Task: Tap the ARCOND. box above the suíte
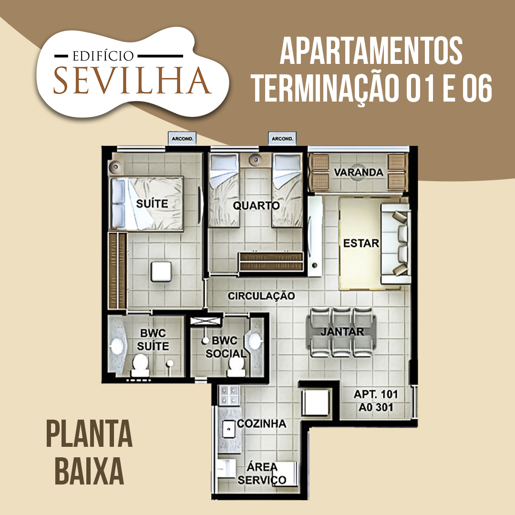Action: [182, 139]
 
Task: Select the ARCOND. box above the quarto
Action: [282, 139]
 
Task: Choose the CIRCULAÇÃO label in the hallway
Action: [261, 296]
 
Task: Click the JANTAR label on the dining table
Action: [342, 332]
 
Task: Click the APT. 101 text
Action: [376, 395]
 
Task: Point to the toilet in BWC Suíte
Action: [140, 365]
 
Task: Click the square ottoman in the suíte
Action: [162, 271]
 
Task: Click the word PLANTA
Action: [89, 434]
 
